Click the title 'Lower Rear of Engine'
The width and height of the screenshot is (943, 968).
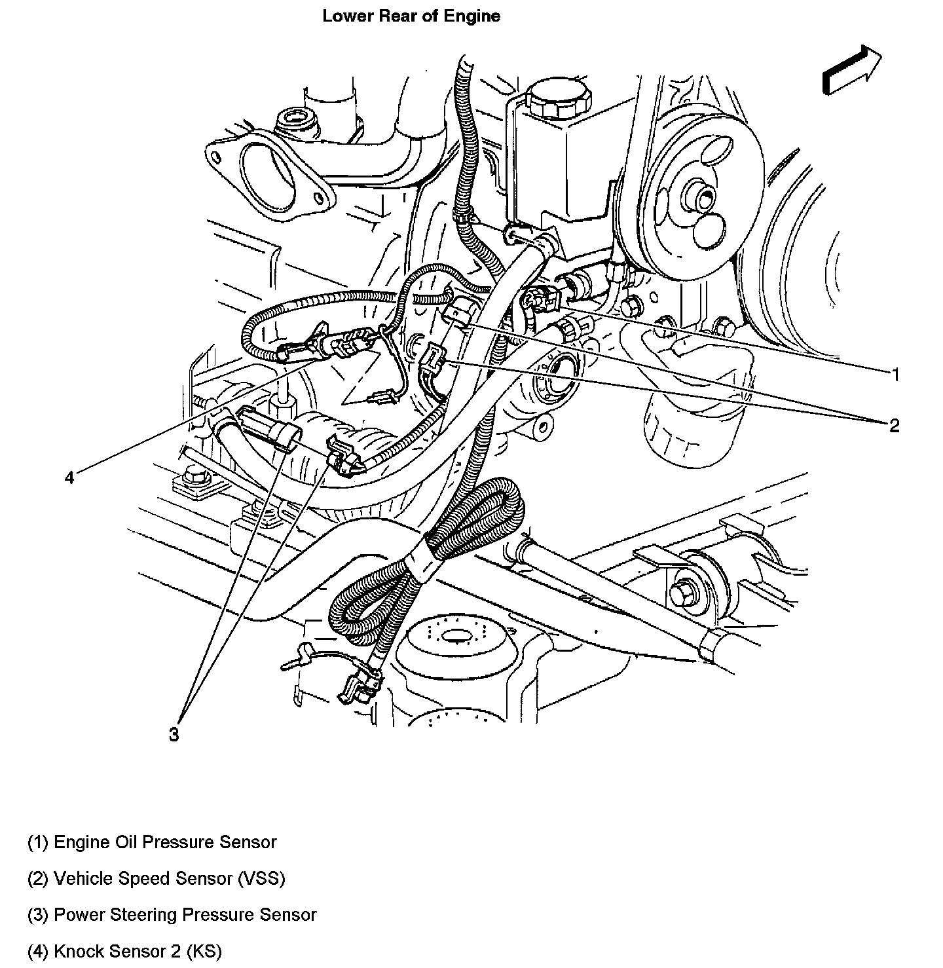(x=411, y=16)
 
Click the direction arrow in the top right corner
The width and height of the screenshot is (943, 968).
(x=852, y=70)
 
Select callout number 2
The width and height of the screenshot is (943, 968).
(x=895, y=426)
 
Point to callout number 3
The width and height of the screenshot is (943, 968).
(x=173, y=735)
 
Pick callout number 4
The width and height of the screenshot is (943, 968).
(x=69, y=477)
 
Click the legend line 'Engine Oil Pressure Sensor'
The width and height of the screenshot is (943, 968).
(x=152, y=842)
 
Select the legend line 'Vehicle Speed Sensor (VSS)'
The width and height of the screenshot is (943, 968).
(x=156, y=878)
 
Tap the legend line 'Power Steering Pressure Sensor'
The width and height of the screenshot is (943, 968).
(x=172, y=914)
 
